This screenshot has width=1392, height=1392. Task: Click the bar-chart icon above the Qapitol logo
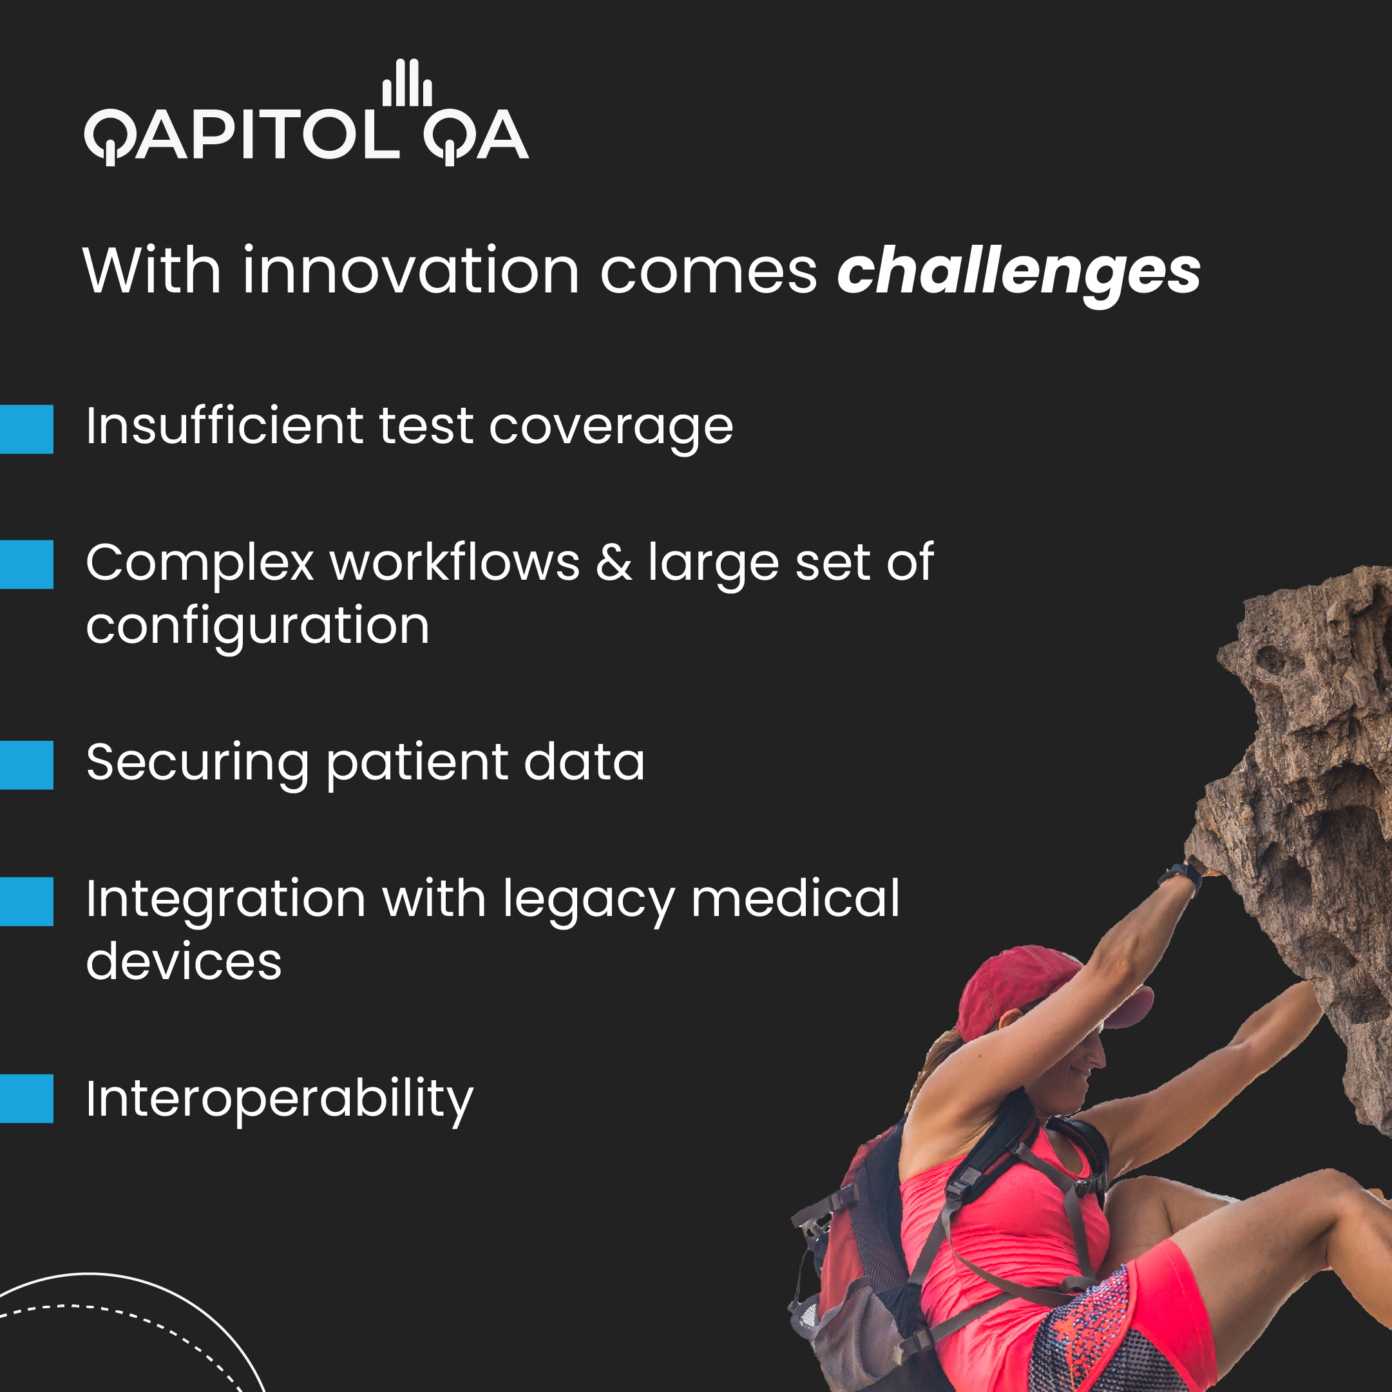point(406,83)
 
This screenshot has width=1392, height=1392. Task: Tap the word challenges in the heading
point(1018,272)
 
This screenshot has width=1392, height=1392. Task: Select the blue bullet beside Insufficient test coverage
point(26,429)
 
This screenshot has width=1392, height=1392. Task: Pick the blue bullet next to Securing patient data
point(26,765)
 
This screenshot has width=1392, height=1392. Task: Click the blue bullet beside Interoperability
point(26,1098)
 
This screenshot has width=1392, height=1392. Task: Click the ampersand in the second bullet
point(613,563)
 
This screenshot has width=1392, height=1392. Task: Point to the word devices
point(184,962)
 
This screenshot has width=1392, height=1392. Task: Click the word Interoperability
point(280,1100)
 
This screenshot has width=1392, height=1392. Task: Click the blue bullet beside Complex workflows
point(26,564)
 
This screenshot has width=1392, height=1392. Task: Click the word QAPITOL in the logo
point(242,135)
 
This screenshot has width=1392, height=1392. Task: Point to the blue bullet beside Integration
point(26,901)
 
